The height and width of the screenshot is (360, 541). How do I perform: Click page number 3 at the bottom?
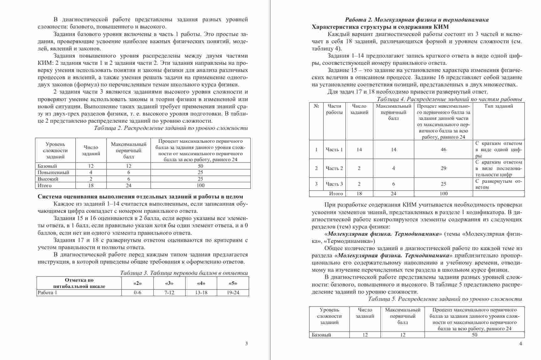(246, 344)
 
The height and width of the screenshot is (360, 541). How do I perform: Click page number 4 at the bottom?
(520, 344)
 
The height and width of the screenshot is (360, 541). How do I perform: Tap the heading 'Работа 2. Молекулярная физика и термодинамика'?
(416, 20)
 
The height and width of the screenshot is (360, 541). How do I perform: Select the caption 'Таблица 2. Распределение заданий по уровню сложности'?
(171, 128)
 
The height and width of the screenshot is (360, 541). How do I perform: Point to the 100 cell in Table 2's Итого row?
(200, 185)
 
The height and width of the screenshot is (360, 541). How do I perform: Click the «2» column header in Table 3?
(137, 283)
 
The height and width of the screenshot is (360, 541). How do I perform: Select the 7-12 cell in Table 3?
(169, 293)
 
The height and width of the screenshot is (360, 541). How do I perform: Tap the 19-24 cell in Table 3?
(233, 293)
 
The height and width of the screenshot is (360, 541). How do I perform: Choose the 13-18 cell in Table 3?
(201, 293)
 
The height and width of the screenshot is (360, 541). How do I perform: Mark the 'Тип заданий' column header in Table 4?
(498, 106)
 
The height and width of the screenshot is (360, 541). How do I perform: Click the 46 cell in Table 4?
(443, 150)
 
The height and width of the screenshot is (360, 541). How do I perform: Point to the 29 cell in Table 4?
(443, 168)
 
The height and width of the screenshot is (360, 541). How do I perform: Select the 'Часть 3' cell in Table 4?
(334, 184)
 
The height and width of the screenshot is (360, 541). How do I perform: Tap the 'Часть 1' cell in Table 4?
(334, 150)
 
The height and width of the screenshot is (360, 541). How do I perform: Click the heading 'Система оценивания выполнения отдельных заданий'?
(140, 197)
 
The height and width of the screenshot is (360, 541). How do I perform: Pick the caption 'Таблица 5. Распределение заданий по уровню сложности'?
(445, 299)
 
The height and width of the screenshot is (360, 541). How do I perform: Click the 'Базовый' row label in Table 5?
(322, 335)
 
